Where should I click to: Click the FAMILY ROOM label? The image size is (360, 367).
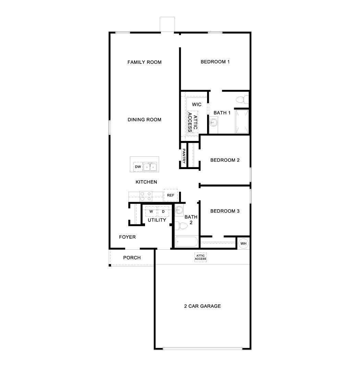(x=144, y=62)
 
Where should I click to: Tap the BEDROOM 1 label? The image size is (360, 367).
(x=215, y=62)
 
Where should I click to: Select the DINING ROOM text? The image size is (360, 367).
(x=144, y=120)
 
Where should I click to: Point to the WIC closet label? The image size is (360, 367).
(x=196, y=104)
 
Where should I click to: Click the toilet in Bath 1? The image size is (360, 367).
(x=241, y=99)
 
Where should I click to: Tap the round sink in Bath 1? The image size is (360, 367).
(x=214, y=121)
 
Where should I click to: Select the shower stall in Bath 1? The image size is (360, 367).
(x=242, y=121)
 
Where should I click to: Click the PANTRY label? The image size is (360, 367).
(x=184, y=158)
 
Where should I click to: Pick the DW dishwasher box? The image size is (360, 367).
(x=138, y=167)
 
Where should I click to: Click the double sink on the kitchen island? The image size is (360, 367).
(x=150, y=167)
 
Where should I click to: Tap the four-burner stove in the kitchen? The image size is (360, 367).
(x=146, y=196)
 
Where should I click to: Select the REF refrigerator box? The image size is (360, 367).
(x=170, y=195)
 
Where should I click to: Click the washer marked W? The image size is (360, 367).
(x=151, y=211)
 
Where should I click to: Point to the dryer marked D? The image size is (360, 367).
(x=163, y=211)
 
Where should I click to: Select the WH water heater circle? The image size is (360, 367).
(x=243, y=244)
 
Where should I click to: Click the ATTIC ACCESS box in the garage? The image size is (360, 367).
(x=201, y=257)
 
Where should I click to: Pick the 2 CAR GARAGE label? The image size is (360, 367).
(x=202, y=306)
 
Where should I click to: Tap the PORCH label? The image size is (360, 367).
(x=132, y=258)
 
